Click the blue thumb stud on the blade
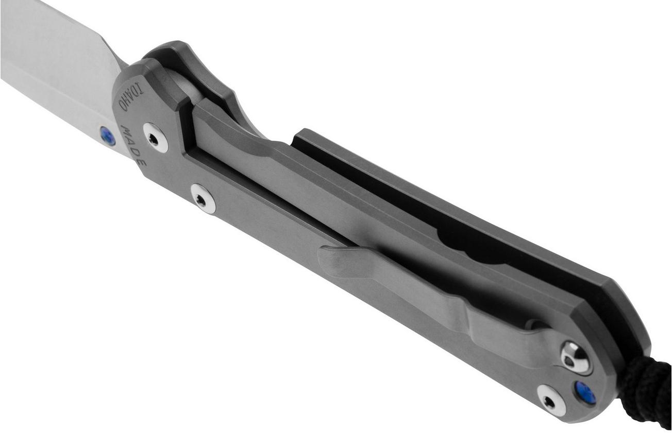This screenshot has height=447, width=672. point(107,136)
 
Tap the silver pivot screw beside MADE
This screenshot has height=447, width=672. point(156,137)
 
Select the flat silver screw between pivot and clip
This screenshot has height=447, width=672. point(203,199)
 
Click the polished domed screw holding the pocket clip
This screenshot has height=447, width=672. point(576,358)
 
